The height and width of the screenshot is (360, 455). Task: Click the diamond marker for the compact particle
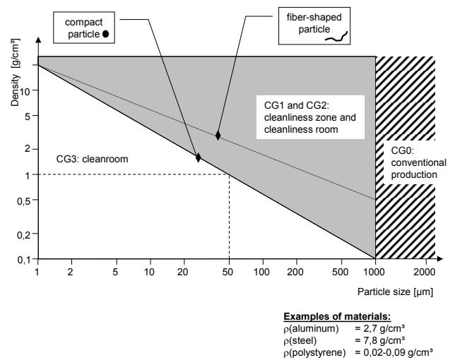[199, 157]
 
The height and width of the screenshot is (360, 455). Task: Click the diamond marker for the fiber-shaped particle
[218, 136]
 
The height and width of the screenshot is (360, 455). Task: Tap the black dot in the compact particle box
[106, 34]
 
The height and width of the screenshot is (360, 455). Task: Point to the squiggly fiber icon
[336, 37]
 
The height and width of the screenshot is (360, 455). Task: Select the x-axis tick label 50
[227, 272]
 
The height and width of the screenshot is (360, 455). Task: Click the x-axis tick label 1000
[374, 272]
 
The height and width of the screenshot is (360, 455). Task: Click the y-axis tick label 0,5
[23, 201]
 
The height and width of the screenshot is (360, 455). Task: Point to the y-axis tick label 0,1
[23, 260]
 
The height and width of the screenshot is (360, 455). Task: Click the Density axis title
[15, 73]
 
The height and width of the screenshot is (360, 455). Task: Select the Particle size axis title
[395, 292]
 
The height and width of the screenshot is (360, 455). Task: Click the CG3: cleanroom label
[92, 159]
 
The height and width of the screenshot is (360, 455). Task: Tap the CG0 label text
[418, 162]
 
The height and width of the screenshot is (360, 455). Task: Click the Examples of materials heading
[337, 316]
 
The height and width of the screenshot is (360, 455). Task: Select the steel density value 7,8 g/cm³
[379, 340]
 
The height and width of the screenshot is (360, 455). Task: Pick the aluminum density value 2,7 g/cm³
[379, 328]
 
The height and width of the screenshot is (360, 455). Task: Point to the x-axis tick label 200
[295, 272]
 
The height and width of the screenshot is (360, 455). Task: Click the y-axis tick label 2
[28, 149]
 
